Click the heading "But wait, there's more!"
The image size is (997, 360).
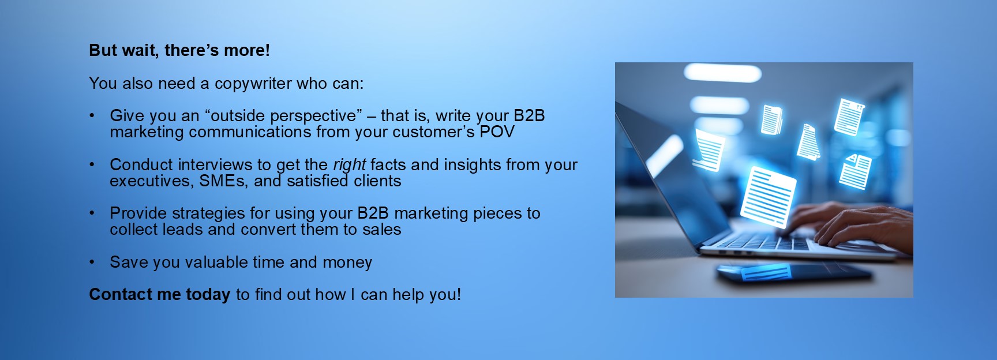(179, 51)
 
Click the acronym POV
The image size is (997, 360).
(497, 132)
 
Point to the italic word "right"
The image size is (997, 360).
(349, 166)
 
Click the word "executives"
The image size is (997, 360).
(150, 181)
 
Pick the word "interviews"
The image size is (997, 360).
(216, 165)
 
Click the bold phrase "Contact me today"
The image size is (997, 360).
(160, 295)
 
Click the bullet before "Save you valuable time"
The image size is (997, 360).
(92, 262)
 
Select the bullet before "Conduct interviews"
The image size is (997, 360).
(92, 165)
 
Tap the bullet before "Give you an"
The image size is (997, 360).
(92, 116)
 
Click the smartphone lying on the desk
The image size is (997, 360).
(793, 272)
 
